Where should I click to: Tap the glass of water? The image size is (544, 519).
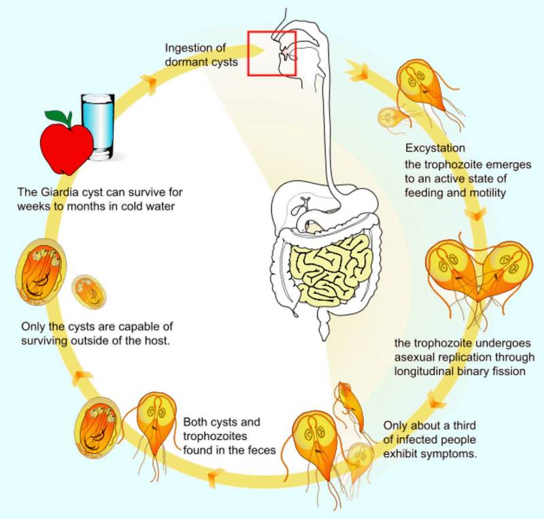[x=98, y=127]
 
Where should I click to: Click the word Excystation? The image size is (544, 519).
[x=435, y=148]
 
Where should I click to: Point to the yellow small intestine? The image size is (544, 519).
[x=330, y=270]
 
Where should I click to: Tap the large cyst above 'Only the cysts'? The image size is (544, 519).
[x=41, y=271]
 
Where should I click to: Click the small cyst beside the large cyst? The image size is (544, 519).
[x=89, y=292]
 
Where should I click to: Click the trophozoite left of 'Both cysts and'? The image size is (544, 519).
[x=156, y=425]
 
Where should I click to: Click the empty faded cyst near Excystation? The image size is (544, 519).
[x=392, y=118]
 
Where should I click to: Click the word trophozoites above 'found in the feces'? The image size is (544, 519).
[x=215, y=437]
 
